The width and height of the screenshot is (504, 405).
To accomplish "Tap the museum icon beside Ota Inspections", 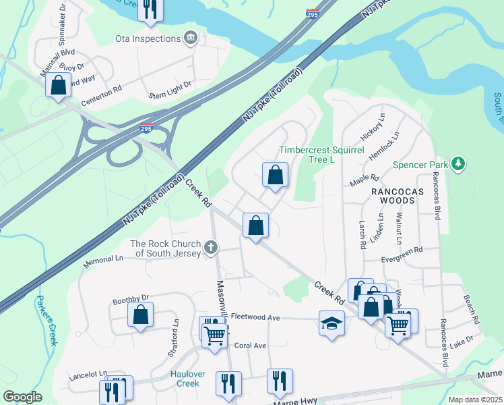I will coord(191,36).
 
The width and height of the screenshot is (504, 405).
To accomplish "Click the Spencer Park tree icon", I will coord(458,164).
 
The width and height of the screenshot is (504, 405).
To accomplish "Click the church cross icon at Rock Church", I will coord(211,248).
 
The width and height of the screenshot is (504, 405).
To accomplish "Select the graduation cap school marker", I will coord(331,324).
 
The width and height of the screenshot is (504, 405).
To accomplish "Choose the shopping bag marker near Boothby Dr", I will coord(140,315).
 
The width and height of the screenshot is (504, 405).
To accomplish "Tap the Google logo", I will coord(23,397).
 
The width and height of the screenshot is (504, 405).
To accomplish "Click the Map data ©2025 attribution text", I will coord(474,400).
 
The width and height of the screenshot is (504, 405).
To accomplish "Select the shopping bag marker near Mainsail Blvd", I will coord(59,85).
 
